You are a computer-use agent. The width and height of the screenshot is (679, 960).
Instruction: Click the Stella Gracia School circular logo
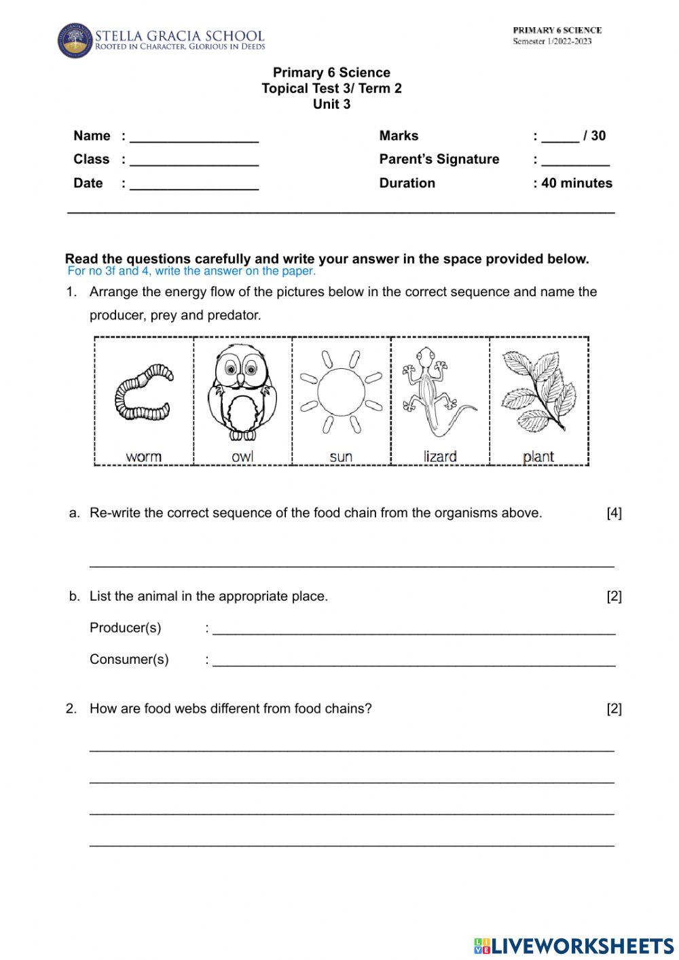pyautogui.click(x=74, y=40)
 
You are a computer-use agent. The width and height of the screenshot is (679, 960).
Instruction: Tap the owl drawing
pyautogui.click(x=242, y=391)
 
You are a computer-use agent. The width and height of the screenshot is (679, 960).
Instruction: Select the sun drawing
pyautogui.click(x=341, y=392)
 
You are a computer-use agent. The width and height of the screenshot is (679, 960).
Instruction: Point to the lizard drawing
pyautogui.click(x=439, y=392)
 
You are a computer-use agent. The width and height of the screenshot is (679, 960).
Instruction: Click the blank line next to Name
pyautogui.click(x=194, y=138)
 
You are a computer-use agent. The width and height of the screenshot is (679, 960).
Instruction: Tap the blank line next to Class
pyautogui.click(x=194, y=162)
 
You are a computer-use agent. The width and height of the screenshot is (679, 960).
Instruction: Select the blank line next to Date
pyautogui.click(x=194, y=185)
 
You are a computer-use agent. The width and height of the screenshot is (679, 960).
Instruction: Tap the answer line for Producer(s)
pyautogui.click(x=414, y=629)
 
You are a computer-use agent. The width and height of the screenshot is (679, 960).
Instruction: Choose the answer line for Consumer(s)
pyautogui.click(x=414, y=661)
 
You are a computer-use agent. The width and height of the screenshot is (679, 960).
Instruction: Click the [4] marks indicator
pyautogui.click(x=614, y=513)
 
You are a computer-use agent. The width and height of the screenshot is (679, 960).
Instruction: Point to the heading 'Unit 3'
pyautogui.click(x=331, y=104)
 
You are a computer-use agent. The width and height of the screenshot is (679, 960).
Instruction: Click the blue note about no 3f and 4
pyautogui.click(x=191, y=271)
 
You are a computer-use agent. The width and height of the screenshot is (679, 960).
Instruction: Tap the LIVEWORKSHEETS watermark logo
pyautogui.click(x=574, y=945)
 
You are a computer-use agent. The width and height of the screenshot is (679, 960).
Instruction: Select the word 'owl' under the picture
pyautogui.click(x=242, y=457)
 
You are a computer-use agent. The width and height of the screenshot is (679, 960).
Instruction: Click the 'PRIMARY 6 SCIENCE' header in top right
pyautogui.click(x=557, y=30)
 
